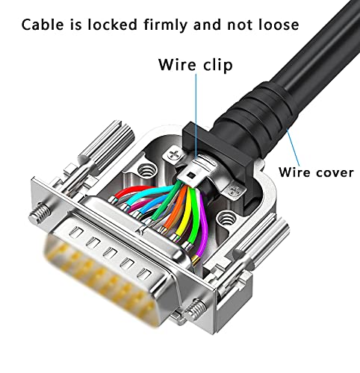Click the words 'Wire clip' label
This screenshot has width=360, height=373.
pyautogui.click(x=195, y=65)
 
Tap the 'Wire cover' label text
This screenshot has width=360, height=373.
pyautogui.click(x=316, y=172)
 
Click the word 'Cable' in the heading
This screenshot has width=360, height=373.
pyautogui.click(x=44, y=25)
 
